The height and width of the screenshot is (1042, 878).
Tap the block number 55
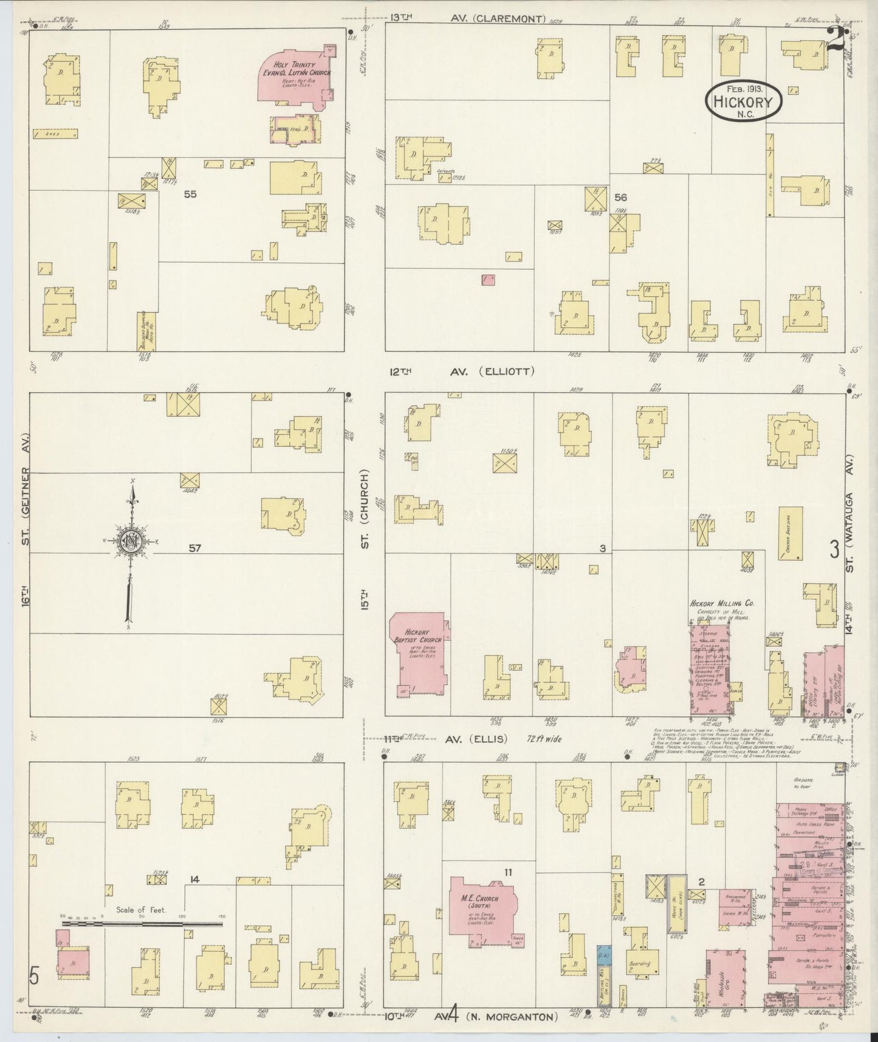coord(191,195)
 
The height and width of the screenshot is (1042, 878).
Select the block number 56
coord(620,198)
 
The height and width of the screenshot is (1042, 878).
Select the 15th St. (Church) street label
coord(366,535)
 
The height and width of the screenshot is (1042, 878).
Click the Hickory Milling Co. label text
coord(721,604)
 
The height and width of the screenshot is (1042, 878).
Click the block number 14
coord(194,879)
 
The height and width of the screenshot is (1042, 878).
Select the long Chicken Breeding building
coord(790,533)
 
